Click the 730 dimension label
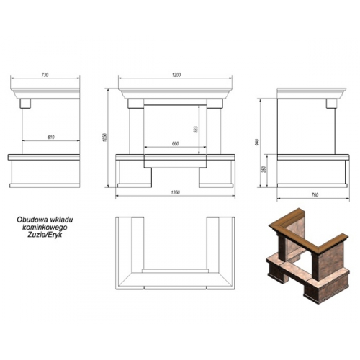pos(45,75)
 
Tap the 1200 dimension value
pos(176,75)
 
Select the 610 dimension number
pos(51,138)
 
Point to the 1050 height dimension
pos(104,138)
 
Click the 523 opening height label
pos(196,130)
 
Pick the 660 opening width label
pos(176,144)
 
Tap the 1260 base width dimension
pos(176,192)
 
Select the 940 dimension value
pos(257,143)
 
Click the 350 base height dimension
pos(264,169)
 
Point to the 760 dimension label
pos(315,195)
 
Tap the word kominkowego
pos(45,227)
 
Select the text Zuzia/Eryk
pos(45,235)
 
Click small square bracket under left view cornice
pos(25,104)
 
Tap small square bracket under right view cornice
pos(331,104)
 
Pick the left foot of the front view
pos(135,186)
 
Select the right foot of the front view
pos(216,186)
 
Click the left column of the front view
pos(137,131)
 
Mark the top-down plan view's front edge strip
pos(175,287)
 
